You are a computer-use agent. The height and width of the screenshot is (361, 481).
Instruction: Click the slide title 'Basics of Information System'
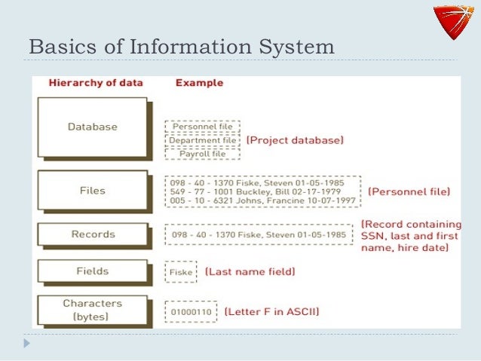point(181,46)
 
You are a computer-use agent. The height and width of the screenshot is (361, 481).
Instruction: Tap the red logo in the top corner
point(455,25)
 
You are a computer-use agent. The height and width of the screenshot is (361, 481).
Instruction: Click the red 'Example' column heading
point(199,83)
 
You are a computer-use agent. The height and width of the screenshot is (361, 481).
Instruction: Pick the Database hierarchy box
point(92,127)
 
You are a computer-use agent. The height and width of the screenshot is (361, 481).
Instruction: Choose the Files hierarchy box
point(92,191)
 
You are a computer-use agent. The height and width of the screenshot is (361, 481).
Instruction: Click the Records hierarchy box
point(92,234)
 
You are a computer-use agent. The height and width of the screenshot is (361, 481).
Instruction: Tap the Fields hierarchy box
point(92,271)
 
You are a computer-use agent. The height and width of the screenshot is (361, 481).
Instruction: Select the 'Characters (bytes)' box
point(92,310)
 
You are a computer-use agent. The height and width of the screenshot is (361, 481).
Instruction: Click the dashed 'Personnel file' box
point(203,127)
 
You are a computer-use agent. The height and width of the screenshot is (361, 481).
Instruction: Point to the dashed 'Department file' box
point(203,140)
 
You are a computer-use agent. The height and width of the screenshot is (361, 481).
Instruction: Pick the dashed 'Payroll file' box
point(203,154)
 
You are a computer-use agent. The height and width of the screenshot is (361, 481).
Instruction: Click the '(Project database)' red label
point(295,140)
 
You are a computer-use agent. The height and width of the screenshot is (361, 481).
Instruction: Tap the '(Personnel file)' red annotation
point(409,192)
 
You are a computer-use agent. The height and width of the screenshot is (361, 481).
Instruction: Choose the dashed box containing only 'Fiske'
point(181,271)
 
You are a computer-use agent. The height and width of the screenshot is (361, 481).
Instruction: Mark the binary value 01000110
point(191,311)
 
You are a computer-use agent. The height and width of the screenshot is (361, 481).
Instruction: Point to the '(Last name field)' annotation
point(250,271)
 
